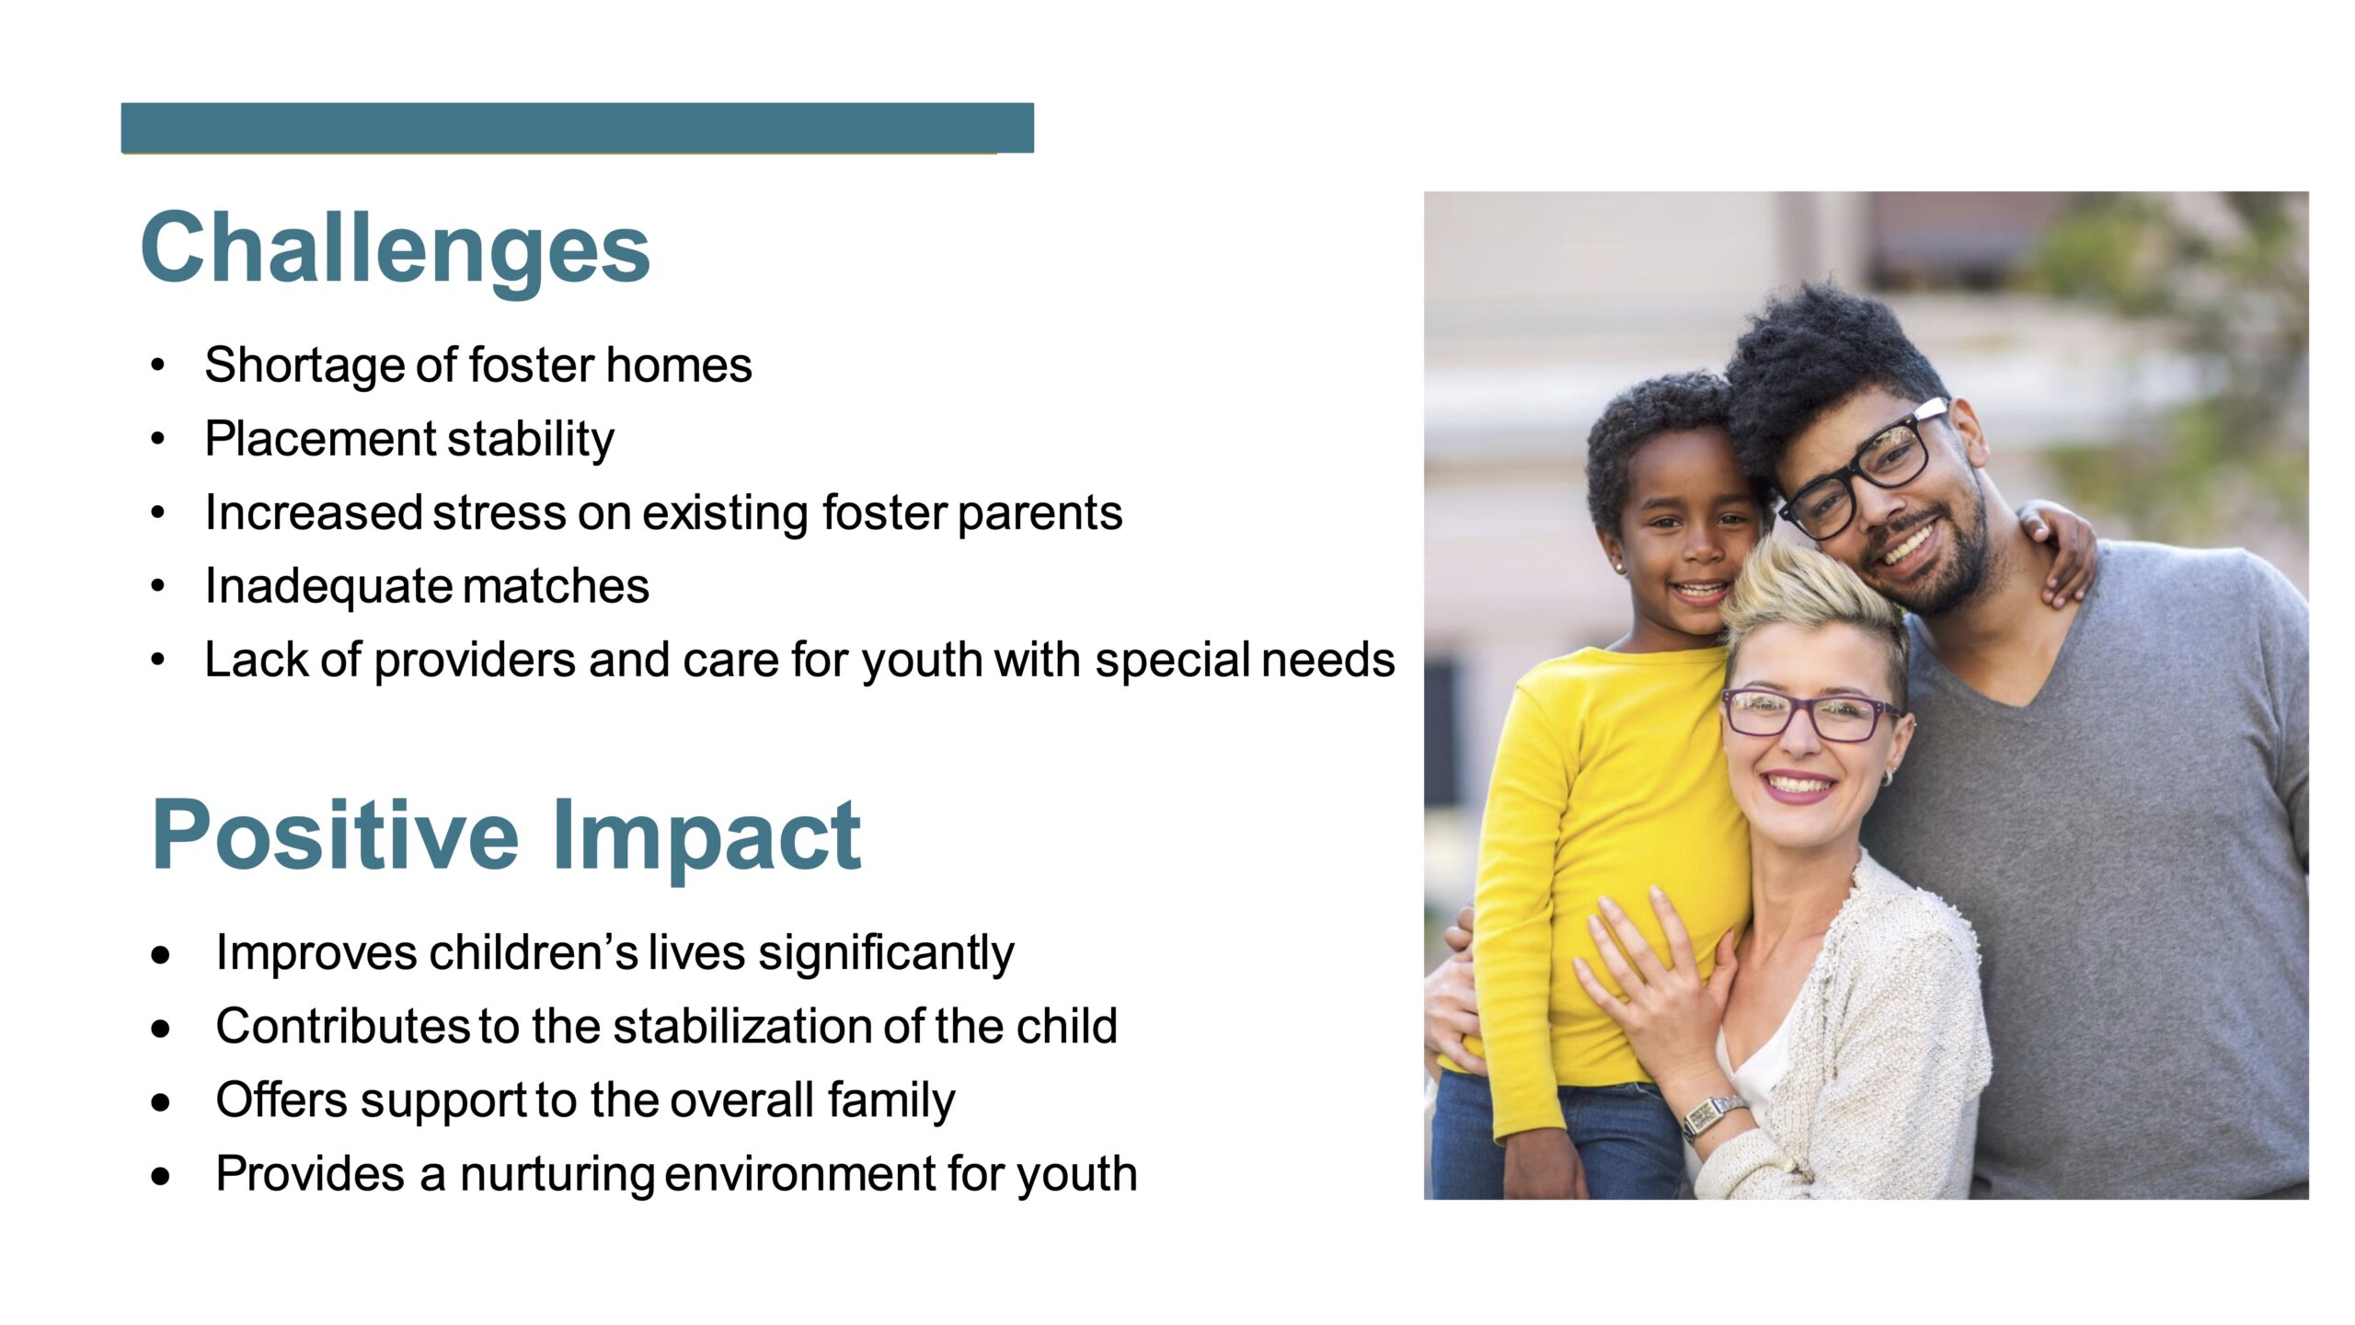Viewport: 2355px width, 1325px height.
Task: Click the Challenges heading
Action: pos(396,248)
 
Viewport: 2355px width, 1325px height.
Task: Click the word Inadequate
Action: pos(327,587)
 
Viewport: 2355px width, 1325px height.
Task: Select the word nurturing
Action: pos(557,1175)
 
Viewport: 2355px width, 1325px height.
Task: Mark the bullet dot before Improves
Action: pos(162,955)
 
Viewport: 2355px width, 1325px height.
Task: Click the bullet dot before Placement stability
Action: pos(158,440)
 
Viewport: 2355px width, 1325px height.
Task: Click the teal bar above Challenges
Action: pos(578,128)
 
